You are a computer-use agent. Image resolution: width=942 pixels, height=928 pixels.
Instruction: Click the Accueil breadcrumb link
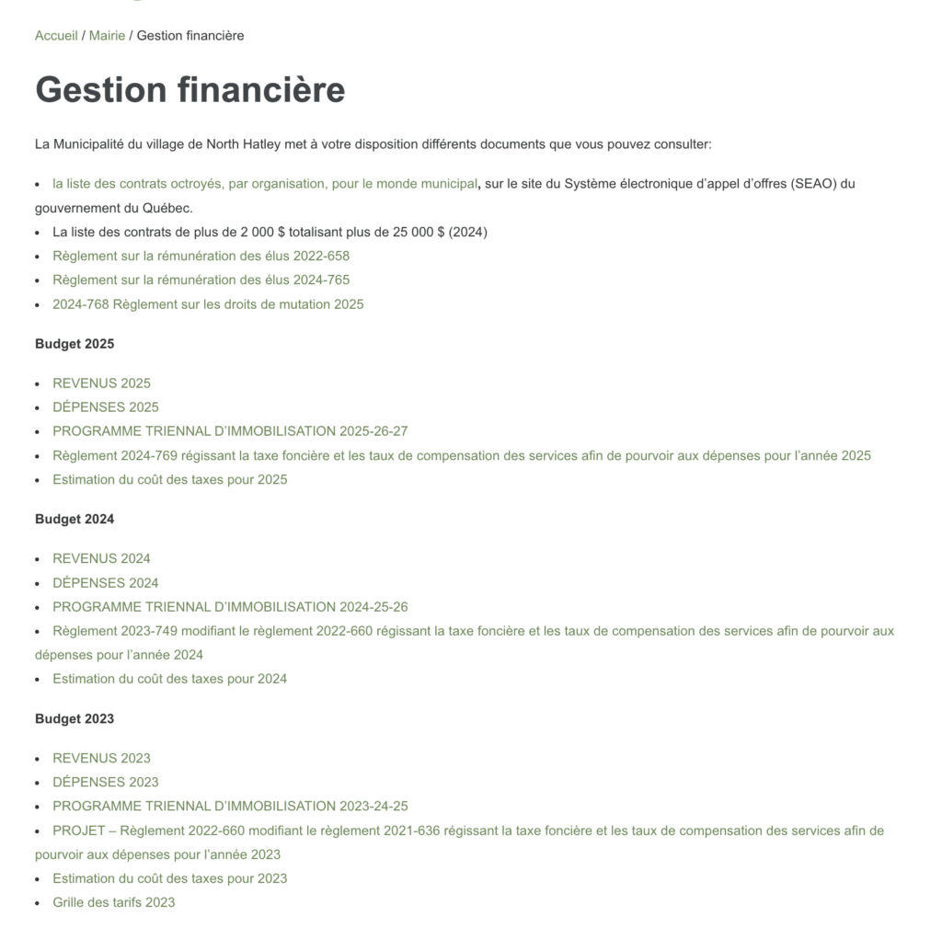[56, 36]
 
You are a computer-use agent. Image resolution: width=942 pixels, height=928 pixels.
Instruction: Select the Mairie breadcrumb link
[107, 36]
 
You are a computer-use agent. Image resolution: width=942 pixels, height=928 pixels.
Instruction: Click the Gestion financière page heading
[190, 90]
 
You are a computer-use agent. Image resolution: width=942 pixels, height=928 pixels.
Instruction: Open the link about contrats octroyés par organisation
[265, 184]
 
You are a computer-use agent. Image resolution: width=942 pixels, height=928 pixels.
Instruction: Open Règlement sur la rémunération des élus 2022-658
[201, 256]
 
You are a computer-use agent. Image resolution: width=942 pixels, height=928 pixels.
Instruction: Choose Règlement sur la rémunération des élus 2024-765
[201, 280]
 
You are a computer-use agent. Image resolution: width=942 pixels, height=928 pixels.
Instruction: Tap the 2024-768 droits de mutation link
[208, 304]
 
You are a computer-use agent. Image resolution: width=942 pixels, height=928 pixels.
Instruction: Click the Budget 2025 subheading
[75, 344]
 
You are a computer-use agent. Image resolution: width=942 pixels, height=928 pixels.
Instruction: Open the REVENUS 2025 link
[101, 384]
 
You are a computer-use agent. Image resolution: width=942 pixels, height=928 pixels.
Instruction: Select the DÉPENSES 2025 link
[105, 407]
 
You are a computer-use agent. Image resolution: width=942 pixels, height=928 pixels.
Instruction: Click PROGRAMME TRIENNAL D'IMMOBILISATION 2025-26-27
[230, 431]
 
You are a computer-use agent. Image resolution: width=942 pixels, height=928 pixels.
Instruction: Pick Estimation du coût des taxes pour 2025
[169, 479]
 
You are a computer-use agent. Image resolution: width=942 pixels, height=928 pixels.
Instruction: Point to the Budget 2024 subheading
[75, 520]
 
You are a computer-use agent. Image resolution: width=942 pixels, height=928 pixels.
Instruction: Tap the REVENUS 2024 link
[101, 558]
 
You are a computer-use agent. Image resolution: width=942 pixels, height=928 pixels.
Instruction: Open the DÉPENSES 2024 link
[105, 583]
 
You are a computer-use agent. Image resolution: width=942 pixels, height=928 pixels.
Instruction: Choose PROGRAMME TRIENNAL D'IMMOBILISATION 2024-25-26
[230, 607]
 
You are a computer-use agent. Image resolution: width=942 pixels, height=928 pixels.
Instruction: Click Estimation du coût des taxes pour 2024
[169, 679]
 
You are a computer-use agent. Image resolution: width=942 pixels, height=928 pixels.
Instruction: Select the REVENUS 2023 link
[101, 758]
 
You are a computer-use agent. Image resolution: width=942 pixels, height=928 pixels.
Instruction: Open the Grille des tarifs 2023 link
[113, 902]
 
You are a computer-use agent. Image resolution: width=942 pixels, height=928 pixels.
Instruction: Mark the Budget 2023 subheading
[75, 719]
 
